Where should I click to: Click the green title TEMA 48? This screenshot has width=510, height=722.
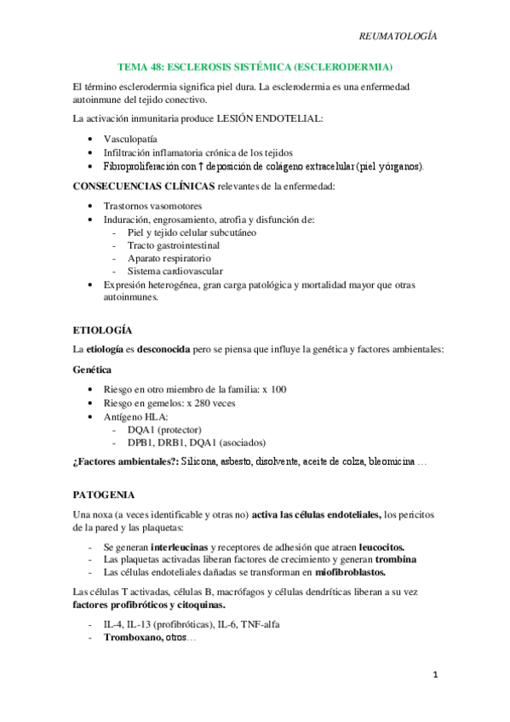tap(255, 66)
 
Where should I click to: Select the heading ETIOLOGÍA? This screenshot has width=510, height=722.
tap(102, 329)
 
